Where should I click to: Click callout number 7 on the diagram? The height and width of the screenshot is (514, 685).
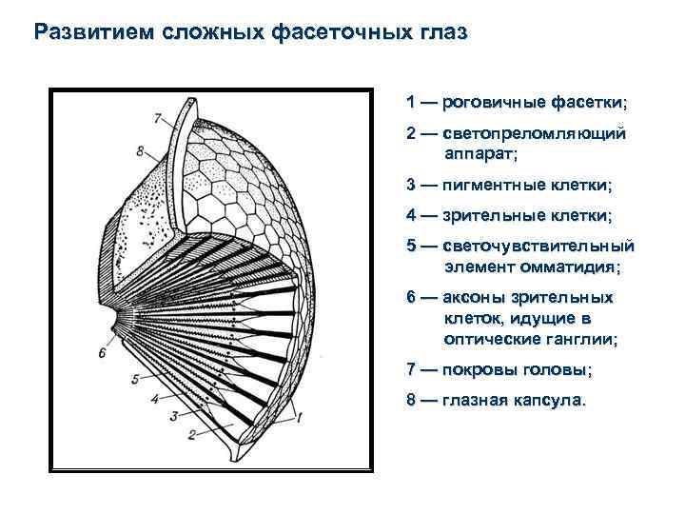157,118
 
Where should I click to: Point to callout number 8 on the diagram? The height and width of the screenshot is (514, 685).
139,150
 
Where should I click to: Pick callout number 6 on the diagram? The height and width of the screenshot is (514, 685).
102,352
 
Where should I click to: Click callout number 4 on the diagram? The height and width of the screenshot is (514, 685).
155,400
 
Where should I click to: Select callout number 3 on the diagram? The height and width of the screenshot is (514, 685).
173,416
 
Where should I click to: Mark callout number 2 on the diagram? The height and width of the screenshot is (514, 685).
191,435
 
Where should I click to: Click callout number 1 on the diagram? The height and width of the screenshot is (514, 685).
300,416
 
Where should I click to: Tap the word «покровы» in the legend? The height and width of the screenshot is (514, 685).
480,369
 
